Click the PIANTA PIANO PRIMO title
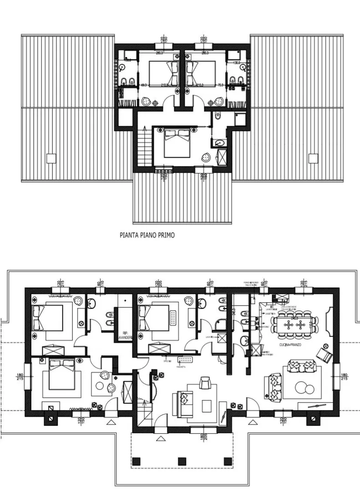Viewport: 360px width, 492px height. point(147,236)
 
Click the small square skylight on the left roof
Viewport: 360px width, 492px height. point(51,158)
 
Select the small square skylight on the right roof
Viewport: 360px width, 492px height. point(312,158)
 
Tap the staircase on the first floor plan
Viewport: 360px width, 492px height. point(143,146)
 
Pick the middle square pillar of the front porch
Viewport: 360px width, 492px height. point(182,461)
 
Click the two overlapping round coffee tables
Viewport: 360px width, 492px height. point(304,388)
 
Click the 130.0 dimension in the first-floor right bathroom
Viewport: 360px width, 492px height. point(237,62)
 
